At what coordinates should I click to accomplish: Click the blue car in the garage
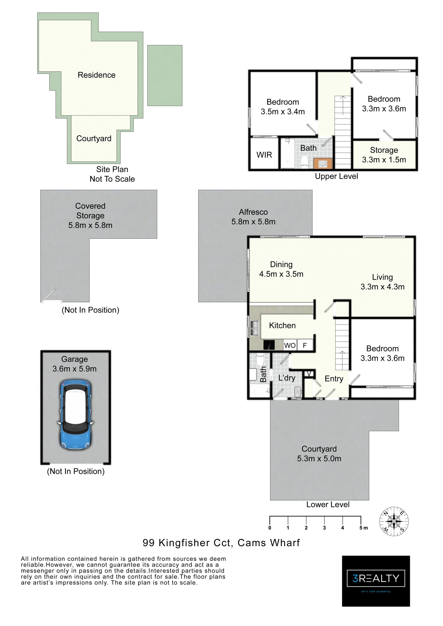pos(75,414)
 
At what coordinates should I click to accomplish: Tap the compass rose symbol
pos(394,522)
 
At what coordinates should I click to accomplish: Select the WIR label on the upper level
pos(264,155)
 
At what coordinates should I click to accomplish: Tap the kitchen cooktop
pos(269,345)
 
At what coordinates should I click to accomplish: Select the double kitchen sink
pos(254,328)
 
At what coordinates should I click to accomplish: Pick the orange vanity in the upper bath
pos(323,163)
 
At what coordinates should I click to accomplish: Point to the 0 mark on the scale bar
pos(270,528)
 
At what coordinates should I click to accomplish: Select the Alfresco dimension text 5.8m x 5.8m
pos(253,222)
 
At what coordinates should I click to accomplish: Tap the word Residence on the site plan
pos(97,75)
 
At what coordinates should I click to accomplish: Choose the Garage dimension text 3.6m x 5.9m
pos(75,369)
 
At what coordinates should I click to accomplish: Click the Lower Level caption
pos(328,504)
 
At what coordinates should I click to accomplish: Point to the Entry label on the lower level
pos(334,379)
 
